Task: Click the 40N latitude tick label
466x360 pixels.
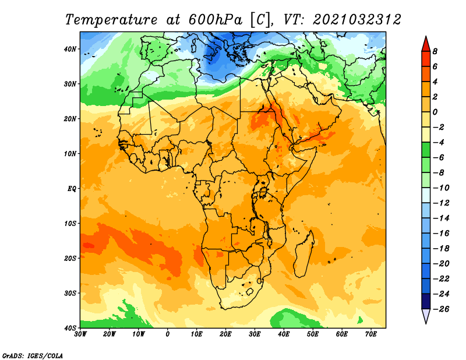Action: tap(70, 49)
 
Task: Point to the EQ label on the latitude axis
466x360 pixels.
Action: tap(72, 189)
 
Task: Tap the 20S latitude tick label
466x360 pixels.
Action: tap(70, 258)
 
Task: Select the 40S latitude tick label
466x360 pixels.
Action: tap(70, 328)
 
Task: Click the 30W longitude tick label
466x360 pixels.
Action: tap(80, 334)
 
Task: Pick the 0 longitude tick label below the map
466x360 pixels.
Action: tap(168, 334)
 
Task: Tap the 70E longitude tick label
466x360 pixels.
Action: tap(371, 334)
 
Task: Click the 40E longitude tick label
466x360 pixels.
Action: tap(284, 334)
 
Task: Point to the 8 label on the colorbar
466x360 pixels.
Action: tap(435, 51)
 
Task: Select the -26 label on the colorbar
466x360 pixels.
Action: tap(441, 309)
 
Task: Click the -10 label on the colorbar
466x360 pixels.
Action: tap(441, 188)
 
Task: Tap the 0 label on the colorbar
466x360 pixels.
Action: tap(435, 112)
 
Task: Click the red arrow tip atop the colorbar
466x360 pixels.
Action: tap(426, 36)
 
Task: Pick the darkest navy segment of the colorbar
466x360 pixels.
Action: tap(426, 301)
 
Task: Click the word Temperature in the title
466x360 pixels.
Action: tap(111, 20)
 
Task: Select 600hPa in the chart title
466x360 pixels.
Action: tap(216, 20)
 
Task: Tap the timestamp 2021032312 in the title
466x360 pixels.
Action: tap(357, 20)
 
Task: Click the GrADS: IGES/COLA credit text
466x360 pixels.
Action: tap(33, 356)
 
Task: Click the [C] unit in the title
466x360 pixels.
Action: tap(260, 20)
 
